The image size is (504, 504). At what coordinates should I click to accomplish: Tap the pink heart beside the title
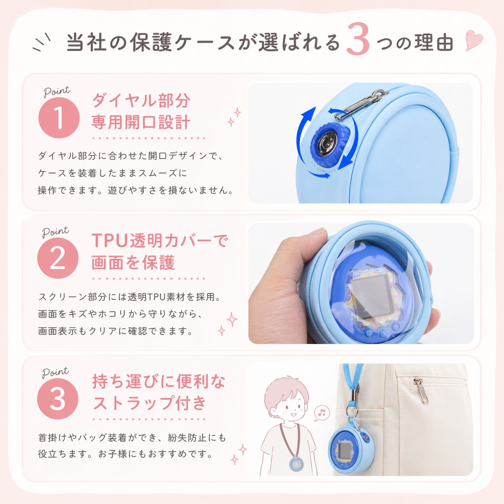tap(474, 41)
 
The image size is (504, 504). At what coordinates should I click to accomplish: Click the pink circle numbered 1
tap(59, 118)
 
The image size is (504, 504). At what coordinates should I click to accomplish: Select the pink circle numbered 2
tap(58, 258)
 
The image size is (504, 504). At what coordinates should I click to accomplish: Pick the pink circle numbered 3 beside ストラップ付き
tap(58, 399)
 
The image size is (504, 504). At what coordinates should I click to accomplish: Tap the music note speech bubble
tap(322, 413)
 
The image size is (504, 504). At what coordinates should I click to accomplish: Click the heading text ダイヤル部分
tap(141, 100)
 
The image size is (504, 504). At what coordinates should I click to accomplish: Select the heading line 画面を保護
tap(133, 262)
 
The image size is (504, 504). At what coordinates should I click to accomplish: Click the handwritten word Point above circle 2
tap(55, 232)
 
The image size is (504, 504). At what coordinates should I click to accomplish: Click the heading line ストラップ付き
tap(149, 403)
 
